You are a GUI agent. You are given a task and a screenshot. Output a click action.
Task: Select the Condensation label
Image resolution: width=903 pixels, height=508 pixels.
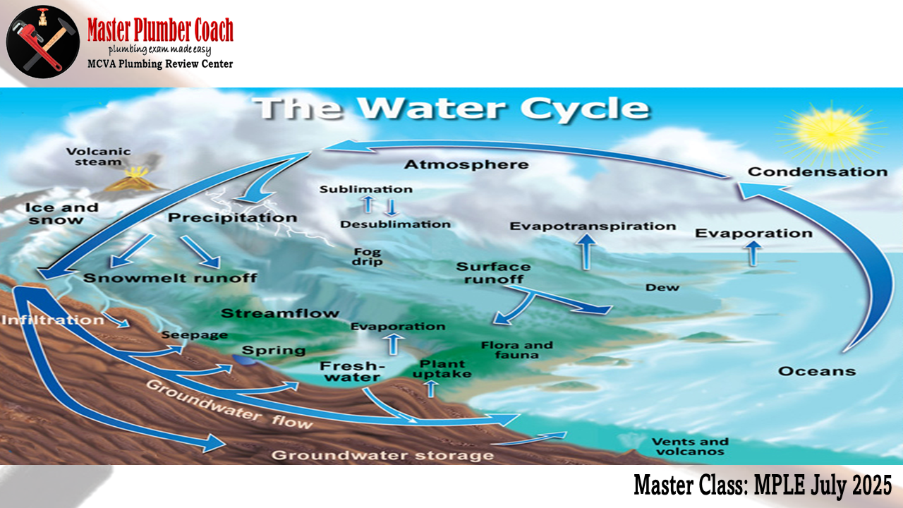(x=818, y=171)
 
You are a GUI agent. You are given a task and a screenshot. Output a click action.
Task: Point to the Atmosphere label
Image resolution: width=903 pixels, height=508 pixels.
(x=466, y=164)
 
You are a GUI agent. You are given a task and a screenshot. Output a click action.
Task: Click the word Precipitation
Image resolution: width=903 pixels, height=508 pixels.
(x=233, y=218)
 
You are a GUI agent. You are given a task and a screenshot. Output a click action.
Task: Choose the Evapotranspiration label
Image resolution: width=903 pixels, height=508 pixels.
(x=593, y=226)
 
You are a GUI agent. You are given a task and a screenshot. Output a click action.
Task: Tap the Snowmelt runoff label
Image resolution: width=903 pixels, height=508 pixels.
(x=170, y=278)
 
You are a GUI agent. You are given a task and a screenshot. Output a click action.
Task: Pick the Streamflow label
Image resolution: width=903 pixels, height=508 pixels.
(x=280, y=313)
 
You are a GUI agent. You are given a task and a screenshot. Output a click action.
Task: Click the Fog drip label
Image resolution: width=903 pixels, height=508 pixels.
(x=367, y=257)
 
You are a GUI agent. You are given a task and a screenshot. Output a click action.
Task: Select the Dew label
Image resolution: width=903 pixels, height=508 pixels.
(x=662, y=287)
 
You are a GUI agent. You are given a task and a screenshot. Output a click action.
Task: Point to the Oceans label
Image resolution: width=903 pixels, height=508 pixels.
(x=817, y=371)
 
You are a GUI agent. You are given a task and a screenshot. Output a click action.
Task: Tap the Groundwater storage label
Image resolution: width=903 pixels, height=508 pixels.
(x=382, y=455)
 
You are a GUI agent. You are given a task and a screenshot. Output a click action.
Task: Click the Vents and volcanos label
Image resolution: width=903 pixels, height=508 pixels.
(x=690, y=447)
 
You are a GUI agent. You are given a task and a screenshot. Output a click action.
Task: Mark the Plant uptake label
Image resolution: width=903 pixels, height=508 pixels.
(x=442, y=369)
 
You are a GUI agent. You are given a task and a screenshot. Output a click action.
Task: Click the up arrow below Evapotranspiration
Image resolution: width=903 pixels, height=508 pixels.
(x=586, y=252)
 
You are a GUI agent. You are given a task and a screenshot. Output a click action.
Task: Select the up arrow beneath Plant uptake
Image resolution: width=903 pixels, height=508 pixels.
(x=431, y=389)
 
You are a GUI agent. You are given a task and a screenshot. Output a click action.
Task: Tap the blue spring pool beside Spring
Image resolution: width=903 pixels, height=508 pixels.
(x=245, y=360)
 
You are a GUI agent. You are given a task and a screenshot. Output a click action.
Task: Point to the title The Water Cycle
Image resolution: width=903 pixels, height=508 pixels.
(x=452, y=108)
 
